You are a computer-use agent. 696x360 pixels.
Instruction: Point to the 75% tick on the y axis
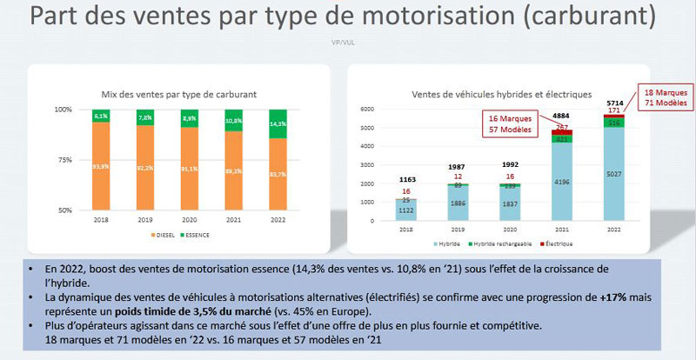(x=65, y=160)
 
